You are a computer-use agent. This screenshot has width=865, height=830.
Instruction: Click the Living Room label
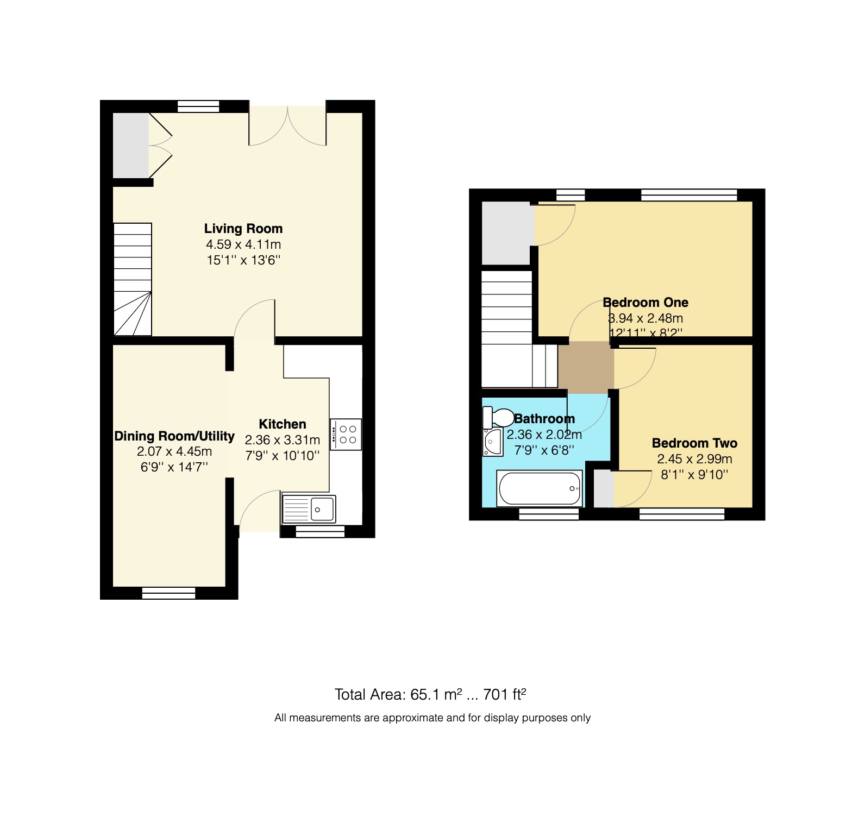[243, 229]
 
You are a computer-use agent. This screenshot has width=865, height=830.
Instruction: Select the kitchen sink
[309, 509]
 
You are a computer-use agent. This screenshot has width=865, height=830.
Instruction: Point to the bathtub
[540, 488]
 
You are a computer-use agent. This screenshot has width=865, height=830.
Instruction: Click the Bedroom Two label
[694, 443]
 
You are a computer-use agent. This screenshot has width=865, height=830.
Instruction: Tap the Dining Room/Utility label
[174, 436]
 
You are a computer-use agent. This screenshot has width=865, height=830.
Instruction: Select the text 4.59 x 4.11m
[243, 244]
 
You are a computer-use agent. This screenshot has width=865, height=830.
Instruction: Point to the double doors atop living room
[287, 125]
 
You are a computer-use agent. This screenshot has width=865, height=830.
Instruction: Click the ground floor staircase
[132, 279]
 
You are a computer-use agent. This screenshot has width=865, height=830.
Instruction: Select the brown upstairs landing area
[585, 367]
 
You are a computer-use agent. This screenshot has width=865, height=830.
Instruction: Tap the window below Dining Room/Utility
[168, 593]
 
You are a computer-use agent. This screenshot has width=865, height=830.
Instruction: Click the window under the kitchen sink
[320, 532]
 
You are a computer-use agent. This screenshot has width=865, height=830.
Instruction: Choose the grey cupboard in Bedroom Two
[603, 488]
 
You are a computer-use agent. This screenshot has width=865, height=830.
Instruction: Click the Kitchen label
[282, 424]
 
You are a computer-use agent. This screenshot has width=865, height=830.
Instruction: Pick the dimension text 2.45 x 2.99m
[694, 459]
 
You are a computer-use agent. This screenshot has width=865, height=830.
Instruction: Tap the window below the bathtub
[548, 514]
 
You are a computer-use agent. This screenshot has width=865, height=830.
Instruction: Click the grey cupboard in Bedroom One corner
[506, 233]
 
